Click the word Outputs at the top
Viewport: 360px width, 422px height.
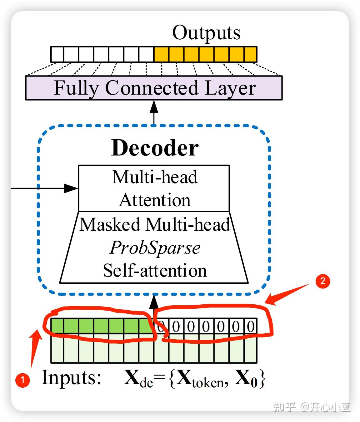point(206,32)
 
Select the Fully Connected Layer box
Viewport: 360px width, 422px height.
point(154,88)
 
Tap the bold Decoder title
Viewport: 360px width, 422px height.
point(155,148)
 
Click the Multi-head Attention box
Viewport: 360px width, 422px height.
point(154,188)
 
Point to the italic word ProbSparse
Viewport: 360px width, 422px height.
point(155,248)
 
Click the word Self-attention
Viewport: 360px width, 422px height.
point(155,270)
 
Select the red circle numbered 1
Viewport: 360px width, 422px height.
point(22,380)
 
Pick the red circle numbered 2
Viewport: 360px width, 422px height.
point(322,281)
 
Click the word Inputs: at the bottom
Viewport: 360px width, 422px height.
point(71,377)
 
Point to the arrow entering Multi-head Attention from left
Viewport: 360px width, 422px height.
point(44,188)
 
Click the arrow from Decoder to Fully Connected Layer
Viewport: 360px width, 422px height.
point(154,112)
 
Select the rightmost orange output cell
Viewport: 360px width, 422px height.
point(250,54)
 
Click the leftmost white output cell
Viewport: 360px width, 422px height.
point(57,54)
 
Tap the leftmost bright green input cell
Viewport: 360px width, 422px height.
point(57,326)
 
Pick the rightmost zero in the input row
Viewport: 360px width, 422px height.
point(250,326)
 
